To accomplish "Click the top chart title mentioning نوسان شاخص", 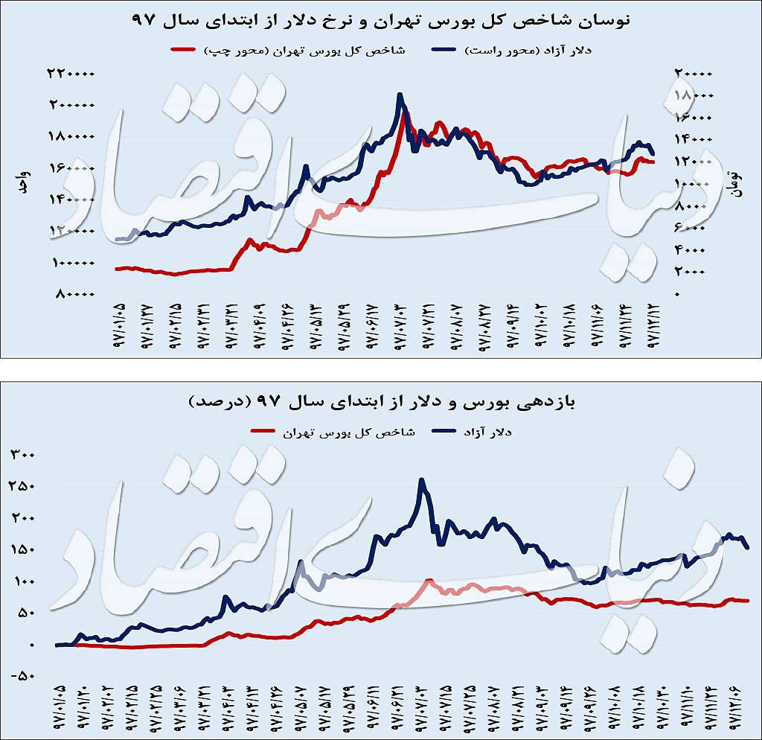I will tap(380, 21).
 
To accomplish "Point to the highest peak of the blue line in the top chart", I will tap(400, 95).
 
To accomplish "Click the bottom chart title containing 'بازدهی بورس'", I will tap(380, 403).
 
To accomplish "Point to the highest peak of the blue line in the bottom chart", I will tap(422, 480).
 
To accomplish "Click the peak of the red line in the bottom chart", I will tap(429, 580).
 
